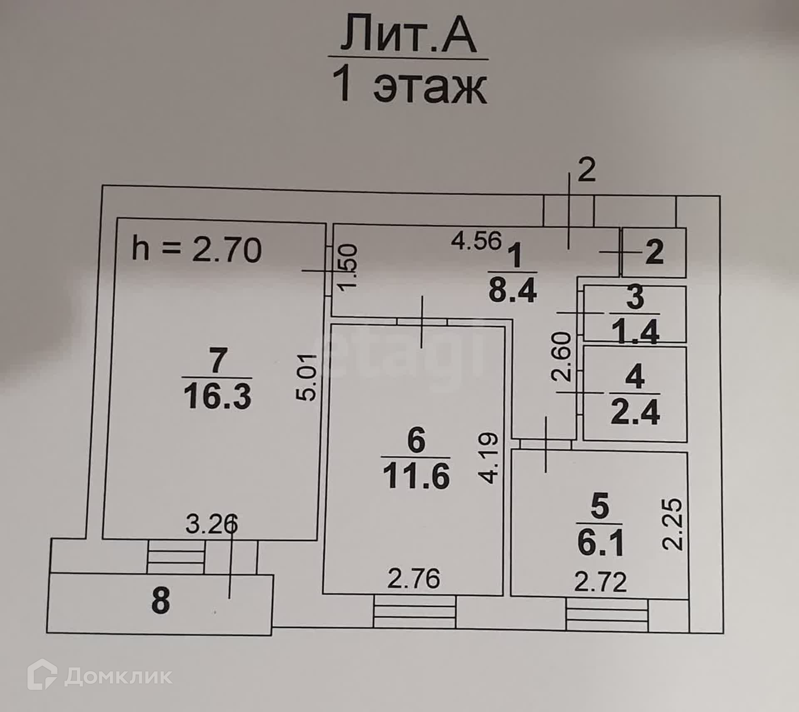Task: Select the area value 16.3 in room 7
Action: pyautogui.click(x=218, y=396)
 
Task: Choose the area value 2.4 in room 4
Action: pyautogui.click(x=635, y=412)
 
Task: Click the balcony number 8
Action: pyautogui.click(x=161, y=601)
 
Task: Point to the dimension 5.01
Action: pyautogui.click(x=309, y=377)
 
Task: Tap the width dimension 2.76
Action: pyautogui.click(x=414, y=579)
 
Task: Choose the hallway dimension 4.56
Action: pyautogui.click(x=476, y=241)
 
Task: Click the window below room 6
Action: pyautogui.click(x=414, y=611)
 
